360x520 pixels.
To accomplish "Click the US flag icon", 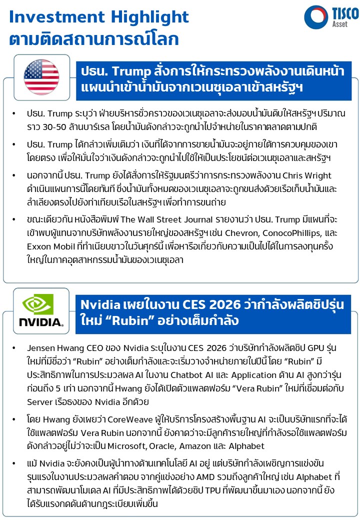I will [41, 76].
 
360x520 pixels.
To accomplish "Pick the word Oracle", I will [214, 446].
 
